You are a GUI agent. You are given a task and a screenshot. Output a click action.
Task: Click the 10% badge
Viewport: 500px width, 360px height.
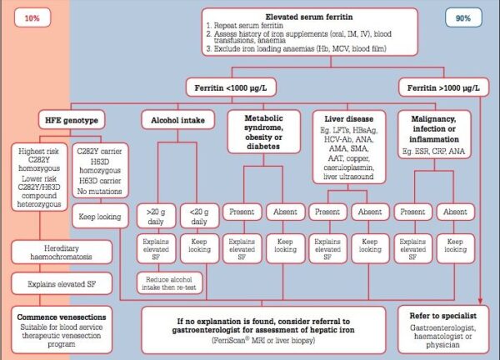[x=33, y=17]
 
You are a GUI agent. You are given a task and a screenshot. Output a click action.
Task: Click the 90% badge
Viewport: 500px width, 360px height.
[x=464, y=17]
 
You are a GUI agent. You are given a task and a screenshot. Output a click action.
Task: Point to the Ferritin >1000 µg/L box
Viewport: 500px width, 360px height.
[x=442, y=87]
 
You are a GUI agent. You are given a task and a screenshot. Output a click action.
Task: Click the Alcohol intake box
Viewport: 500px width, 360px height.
[x=172, y=120]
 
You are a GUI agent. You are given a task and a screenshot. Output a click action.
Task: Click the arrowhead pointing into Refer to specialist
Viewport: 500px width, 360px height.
[x=482, y=302]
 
